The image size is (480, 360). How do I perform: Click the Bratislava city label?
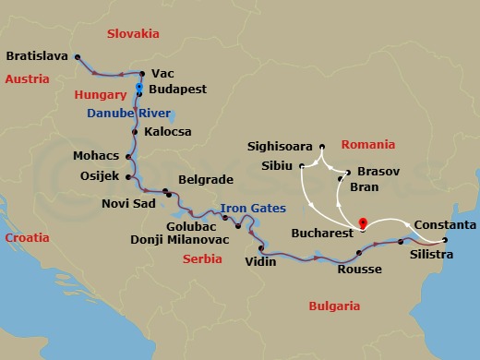(x=37, y=55)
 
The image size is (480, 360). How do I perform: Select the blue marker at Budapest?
(x=138, y=89)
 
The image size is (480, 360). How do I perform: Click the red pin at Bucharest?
(x=362, y=222)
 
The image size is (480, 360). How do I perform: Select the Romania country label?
(x=367, y=145)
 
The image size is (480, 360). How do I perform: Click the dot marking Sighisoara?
(x=321, y=147)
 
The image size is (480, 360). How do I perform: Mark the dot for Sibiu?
(x=302, y=166)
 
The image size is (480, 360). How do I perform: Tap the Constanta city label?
(x=446, y=225)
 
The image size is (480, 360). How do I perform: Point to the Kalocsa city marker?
(x=136, y=132)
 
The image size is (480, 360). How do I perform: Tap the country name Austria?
(x=27, y=79)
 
